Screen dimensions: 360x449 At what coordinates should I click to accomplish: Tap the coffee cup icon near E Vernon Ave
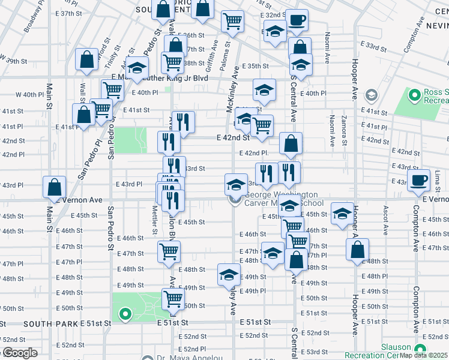(418, 180)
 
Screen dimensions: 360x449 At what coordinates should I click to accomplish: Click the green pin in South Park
(125, 313)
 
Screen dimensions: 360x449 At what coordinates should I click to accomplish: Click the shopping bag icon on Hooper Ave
(357, 250)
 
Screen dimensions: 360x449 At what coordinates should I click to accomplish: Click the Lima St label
(438, 177)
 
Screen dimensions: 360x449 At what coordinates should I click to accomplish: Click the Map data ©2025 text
(424, 355)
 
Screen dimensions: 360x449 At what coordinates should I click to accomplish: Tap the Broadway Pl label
(32, 21)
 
